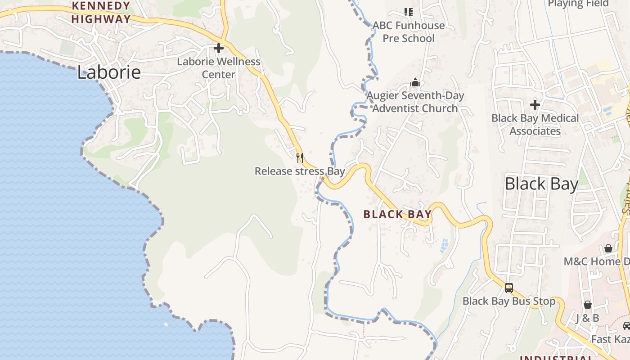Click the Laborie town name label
point(109,72)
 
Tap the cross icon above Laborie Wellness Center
point(219,48)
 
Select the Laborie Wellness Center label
point(219,68)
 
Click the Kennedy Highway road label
point(101,13)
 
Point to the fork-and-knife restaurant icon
point(300,158)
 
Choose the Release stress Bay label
point(300,171)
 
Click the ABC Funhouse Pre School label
point(409,32)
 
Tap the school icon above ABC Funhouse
point(409,12)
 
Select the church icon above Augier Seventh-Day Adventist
point(415,82)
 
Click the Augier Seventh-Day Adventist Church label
point(415,102)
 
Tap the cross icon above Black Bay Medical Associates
point(535,105)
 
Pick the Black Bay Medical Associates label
point(535,125)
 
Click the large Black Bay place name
point(541,184)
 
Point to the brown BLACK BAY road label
point(397,215)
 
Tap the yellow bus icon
point(509,288)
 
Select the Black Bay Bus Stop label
point(509,301)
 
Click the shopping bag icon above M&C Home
point(608,248)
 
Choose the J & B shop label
point(588,319)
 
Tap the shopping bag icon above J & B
point(588,305)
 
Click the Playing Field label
point(578,4)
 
